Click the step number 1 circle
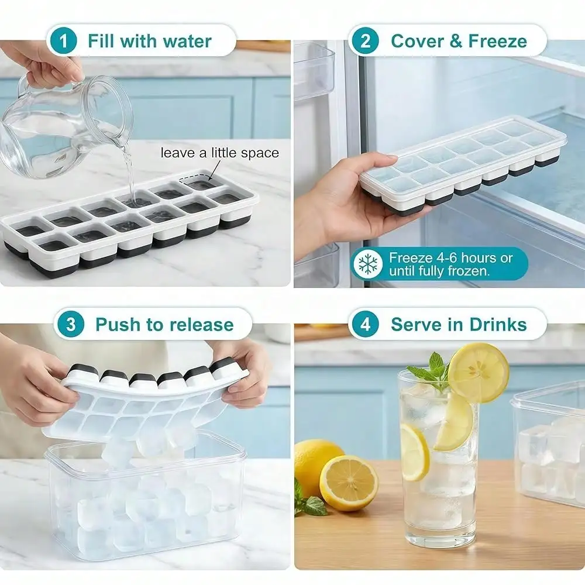(63, 41)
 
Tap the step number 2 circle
(365, 41)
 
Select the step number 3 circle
(71, 324)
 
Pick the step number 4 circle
(365, 324)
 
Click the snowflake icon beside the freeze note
(368, 264)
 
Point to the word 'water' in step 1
(187, 41)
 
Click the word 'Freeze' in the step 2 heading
(497, 41)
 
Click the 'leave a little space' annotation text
(220, 153)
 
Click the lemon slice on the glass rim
(479, 373)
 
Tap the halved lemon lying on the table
(349, 483)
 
